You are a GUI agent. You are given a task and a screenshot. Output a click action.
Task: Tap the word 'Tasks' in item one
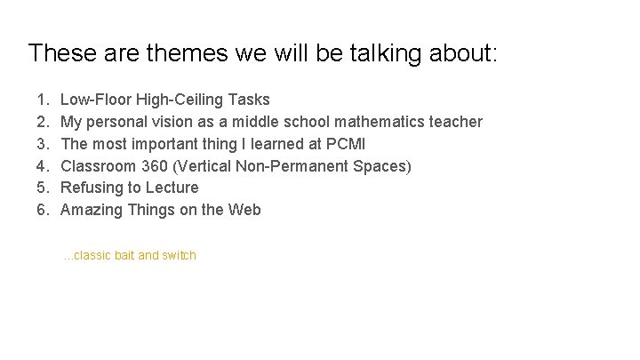250,100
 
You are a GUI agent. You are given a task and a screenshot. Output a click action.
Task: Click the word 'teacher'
454,122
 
